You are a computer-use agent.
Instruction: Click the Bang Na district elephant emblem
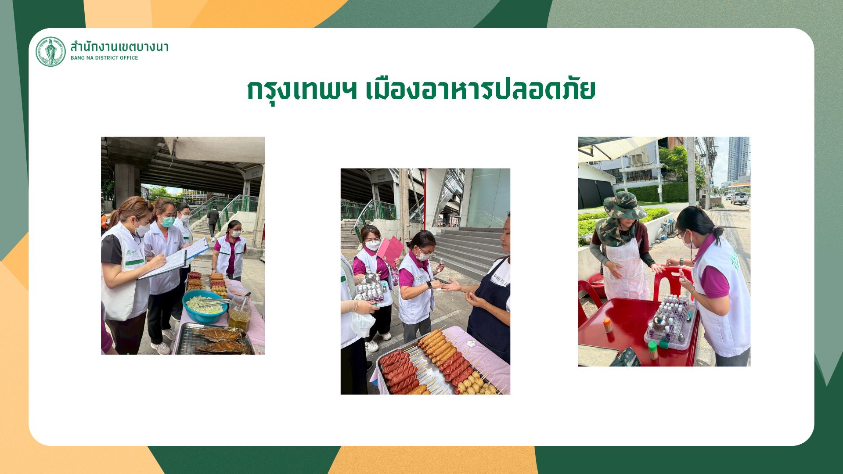pos(50,52)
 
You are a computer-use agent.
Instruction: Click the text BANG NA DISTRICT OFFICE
pos(104,58)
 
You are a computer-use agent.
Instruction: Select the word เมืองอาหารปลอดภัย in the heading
pos(481,90)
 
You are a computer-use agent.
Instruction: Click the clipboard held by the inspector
pos(173,259)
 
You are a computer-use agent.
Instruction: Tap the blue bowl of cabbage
pos(205,306)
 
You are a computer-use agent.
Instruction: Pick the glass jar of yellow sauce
pos(239,313)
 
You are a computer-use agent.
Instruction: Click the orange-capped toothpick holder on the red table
pos(608,325)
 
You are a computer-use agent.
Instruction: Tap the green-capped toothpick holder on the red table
pos(653,350)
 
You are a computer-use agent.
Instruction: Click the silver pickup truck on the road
pos(739,198)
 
